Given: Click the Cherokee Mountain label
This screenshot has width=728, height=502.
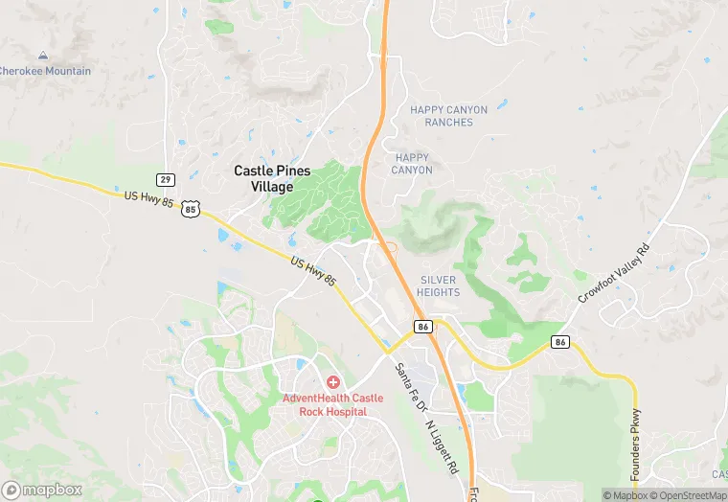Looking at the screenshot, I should coord(45,71).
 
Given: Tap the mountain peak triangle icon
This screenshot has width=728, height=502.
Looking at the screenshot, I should coord(42,57).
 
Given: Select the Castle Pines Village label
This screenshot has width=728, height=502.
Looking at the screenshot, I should coord(272,178).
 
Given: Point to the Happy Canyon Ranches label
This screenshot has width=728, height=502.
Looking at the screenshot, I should coord(448,116).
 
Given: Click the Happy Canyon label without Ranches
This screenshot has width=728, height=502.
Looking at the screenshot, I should coord(412,163).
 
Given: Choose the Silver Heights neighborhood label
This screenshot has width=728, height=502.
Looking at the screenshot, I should coord(439,285).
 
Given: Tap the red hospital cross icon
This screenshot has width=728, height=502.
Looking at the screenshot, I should coord(332,382).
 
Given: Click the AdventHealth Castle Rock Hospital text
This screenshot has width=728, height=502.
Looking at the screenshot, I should coord(332,404).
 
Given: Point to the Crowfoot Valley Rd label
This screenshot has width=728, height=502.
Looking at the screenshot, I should coord(613,274).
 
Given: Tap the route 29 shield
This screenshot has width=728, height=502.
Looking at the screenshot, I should coord(166,179).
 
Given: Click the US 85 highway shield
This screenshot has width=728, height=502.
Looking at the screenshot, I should coord(192,208).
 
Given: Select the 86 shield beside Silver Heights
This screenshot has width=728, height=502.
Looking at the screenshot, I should coord(422,327).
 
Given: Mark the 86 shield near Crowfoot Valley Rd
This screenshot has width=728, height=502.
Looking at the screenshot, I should coord(560,341).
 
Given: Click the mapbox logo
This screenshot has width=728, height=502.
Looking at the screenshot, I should coord(41,490).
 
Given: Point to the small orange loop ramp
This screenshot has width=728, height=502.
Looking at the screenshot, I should coord(391,252).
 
